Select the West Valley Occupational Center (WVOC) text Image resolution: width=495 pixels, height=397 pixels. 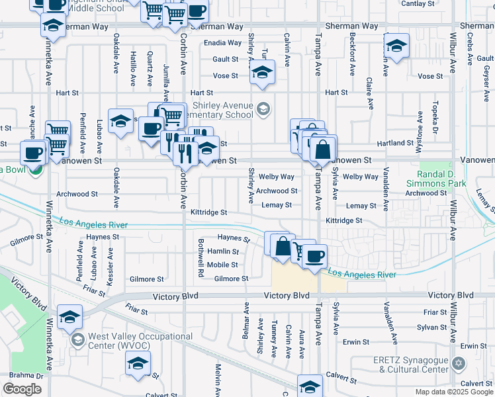coord(141,341)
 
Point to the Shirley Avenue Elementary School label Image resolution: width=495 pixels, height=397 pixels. coord(223,110)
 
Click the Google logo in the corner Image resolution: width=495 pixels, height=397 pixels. coord(22,389)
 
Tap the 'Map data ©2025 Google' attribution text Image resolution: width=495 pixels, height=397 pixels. coord(454,392)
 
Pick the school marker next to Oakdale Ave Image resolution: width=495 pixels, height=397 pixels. coord(120,121)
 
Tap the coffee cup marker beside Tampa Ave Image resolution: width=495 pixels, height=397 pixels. coord(315,255)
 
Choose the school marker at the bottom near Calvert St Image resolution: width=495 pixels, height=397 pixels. coord(310,386)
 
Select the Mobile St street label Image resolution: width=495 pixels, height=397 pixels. coord(222,265)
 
